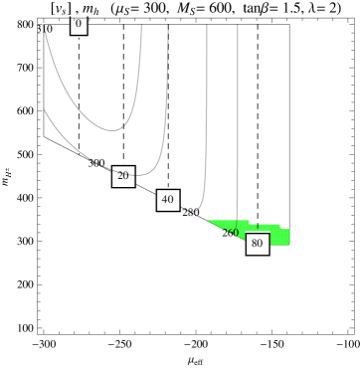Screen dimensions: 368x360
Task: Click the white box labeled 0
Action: pyautogui.click(x=79, y=25)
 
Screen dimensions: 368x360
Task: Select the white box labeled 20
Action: pyautogui.click(x=123, y=176)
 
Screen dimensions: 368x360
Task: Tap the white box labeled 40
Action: pyautogui.click(x=167, y=199)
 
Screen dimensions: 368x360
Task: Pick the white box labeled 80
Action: pyautogui.click(x=257, y=243)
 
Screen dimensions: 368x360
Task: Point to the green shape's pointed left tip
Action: pyautogui.click(x=208, y=221)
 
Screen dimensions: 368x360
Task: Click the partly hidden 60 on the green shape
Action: pyautogui.click(x=232, y=233)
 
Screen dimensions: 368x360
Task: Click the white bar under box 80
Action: pyautogui.click(x=257, y=258)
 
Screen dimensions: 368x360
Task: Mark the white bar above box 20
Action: pyautogui.click(x=123, y=164)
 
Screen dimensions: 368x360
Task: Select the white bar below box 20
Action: pyautogui.click(x=123, y=189)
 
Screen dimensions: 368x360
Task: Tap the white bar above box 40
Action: pyautogui.click(x=167, y=187)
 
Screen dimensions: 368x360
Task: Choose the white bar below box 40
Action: pyautogui.click(x=167, y=212)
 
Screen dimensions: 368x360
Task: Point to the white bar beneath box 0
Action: pyautogui.click(x=79, y=37)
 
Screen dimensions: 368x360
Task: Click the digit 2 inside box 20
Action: pyautogui.click(x=120, y=176)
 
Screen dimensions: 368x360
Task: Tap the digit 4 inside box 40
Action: pyautogui.click(x=164, y=199)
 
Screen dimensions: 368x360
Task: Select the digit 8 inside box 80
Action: pyautogui.click(x=254, y=243)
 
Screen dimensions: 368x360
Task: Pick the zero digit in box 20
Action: pyautogui.click(x=126, y=176)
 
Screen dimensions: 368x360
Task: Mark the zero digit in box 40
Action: pyautogui.click(x=170, y=199)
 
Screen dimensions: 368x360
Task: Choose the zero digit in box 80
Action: pyautogui.click(x=260, y=243)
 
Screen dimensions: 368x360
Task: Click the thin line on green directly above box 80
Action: pyautogui.click(x=257, y=228)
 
